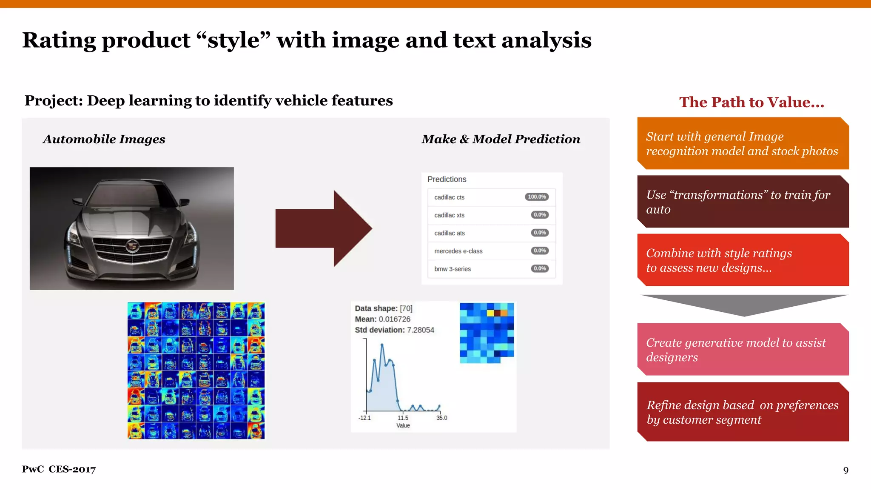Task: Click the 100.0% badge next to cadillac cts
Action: coord(537,197)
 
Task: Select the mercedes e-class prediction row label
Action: coord(458,251)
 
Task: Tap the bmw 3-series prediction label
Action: coord(452,269)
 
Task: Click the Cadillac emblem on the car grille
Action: coord(132,246)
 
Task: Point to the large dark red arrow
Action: coord(323,228)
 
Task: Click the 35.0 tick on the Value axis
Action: coord(441,418)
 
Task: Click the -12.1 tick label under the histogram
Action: coord(364,418)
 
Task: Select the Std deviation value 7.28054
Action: coord(420,330)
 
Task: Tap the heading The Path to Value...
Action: coord(751,102)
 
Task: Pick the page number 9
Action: coord(845,470)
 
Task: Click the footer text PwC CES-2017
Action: coord(59,469)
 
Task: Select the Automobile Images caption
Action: coord(104,139)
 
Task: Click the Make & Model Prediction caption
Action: coord(501,139)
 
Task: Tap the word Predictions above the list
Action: coord(447,179)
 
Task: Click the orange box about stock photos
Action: coord(743,144)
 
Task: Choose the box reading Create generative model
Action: coord(743,350)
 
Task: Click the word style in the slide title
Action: coord(233,40)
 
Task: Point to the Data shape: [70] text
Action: coord(383,308)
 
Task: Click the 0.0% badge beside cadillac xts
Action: coord(540,215)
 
